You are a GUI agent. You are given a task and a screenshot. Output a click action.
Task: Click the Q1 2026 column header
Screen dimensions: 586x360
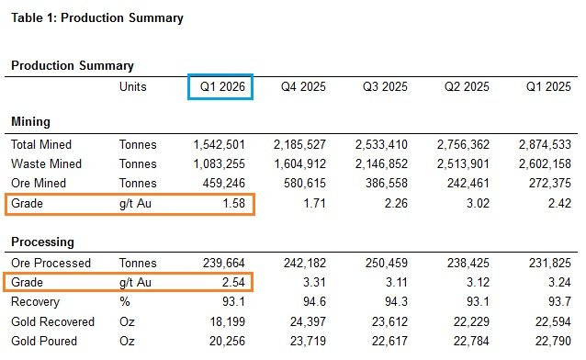222,86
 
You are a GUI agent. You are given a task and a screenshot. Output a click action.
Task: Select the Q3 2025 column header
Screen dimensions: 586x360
385,86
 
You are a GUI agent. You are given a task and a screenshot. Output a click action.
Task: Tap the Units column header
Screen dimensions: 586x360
132,86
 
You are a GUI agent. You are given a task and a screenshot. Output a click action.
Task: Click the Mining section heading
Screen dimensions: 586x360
30,122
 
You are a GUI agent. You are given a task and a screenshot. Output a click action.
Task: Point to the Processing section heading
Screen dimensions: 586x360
42,242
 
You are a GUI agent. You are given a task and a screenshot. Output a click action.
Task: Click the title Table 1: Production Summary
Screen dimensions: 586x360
97,18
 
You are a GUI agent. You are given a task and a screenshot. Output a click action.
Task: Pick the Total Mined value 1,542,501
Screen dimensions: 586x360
219,145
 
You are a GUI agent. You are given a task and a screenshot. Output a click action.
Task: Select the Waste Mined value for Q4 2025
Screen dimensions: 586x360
300,163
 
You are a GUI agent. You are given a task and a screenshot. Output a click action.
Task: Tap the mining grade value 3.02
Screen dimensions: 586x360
478,203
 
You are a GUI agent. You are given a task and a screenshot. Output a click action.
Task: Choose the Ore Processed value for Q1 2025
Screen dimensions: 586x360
550,264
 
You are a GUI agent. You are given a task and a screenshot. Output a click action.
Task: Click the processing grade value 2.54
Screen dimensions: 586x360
233,282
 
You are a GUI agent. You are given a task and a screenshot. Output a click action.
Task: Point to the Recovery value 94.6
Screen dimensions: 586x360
315,301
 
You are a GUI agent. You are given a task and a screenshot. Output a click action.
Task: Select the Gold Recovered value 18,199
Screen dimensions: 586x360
228,321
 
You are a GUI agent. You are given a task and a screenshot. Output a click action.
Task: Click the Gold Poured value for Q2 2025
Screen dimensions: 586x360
471,341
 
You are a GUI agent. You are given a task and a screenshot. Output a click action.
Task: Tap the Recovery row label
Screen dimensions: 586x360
36,301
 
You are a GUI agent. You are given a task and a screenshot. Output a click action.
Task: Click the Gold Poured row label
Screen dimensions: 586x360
44,341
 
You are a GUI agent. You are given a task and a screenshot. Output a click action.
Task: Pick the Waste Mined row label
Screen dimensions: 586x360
46,163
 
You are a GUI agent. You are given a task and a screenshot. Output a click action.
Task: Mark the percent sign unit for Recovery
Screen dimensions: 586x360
125,301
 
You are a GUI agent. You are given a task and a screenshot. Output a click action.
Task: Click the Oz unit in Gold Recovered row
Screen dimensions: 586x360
127,321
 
